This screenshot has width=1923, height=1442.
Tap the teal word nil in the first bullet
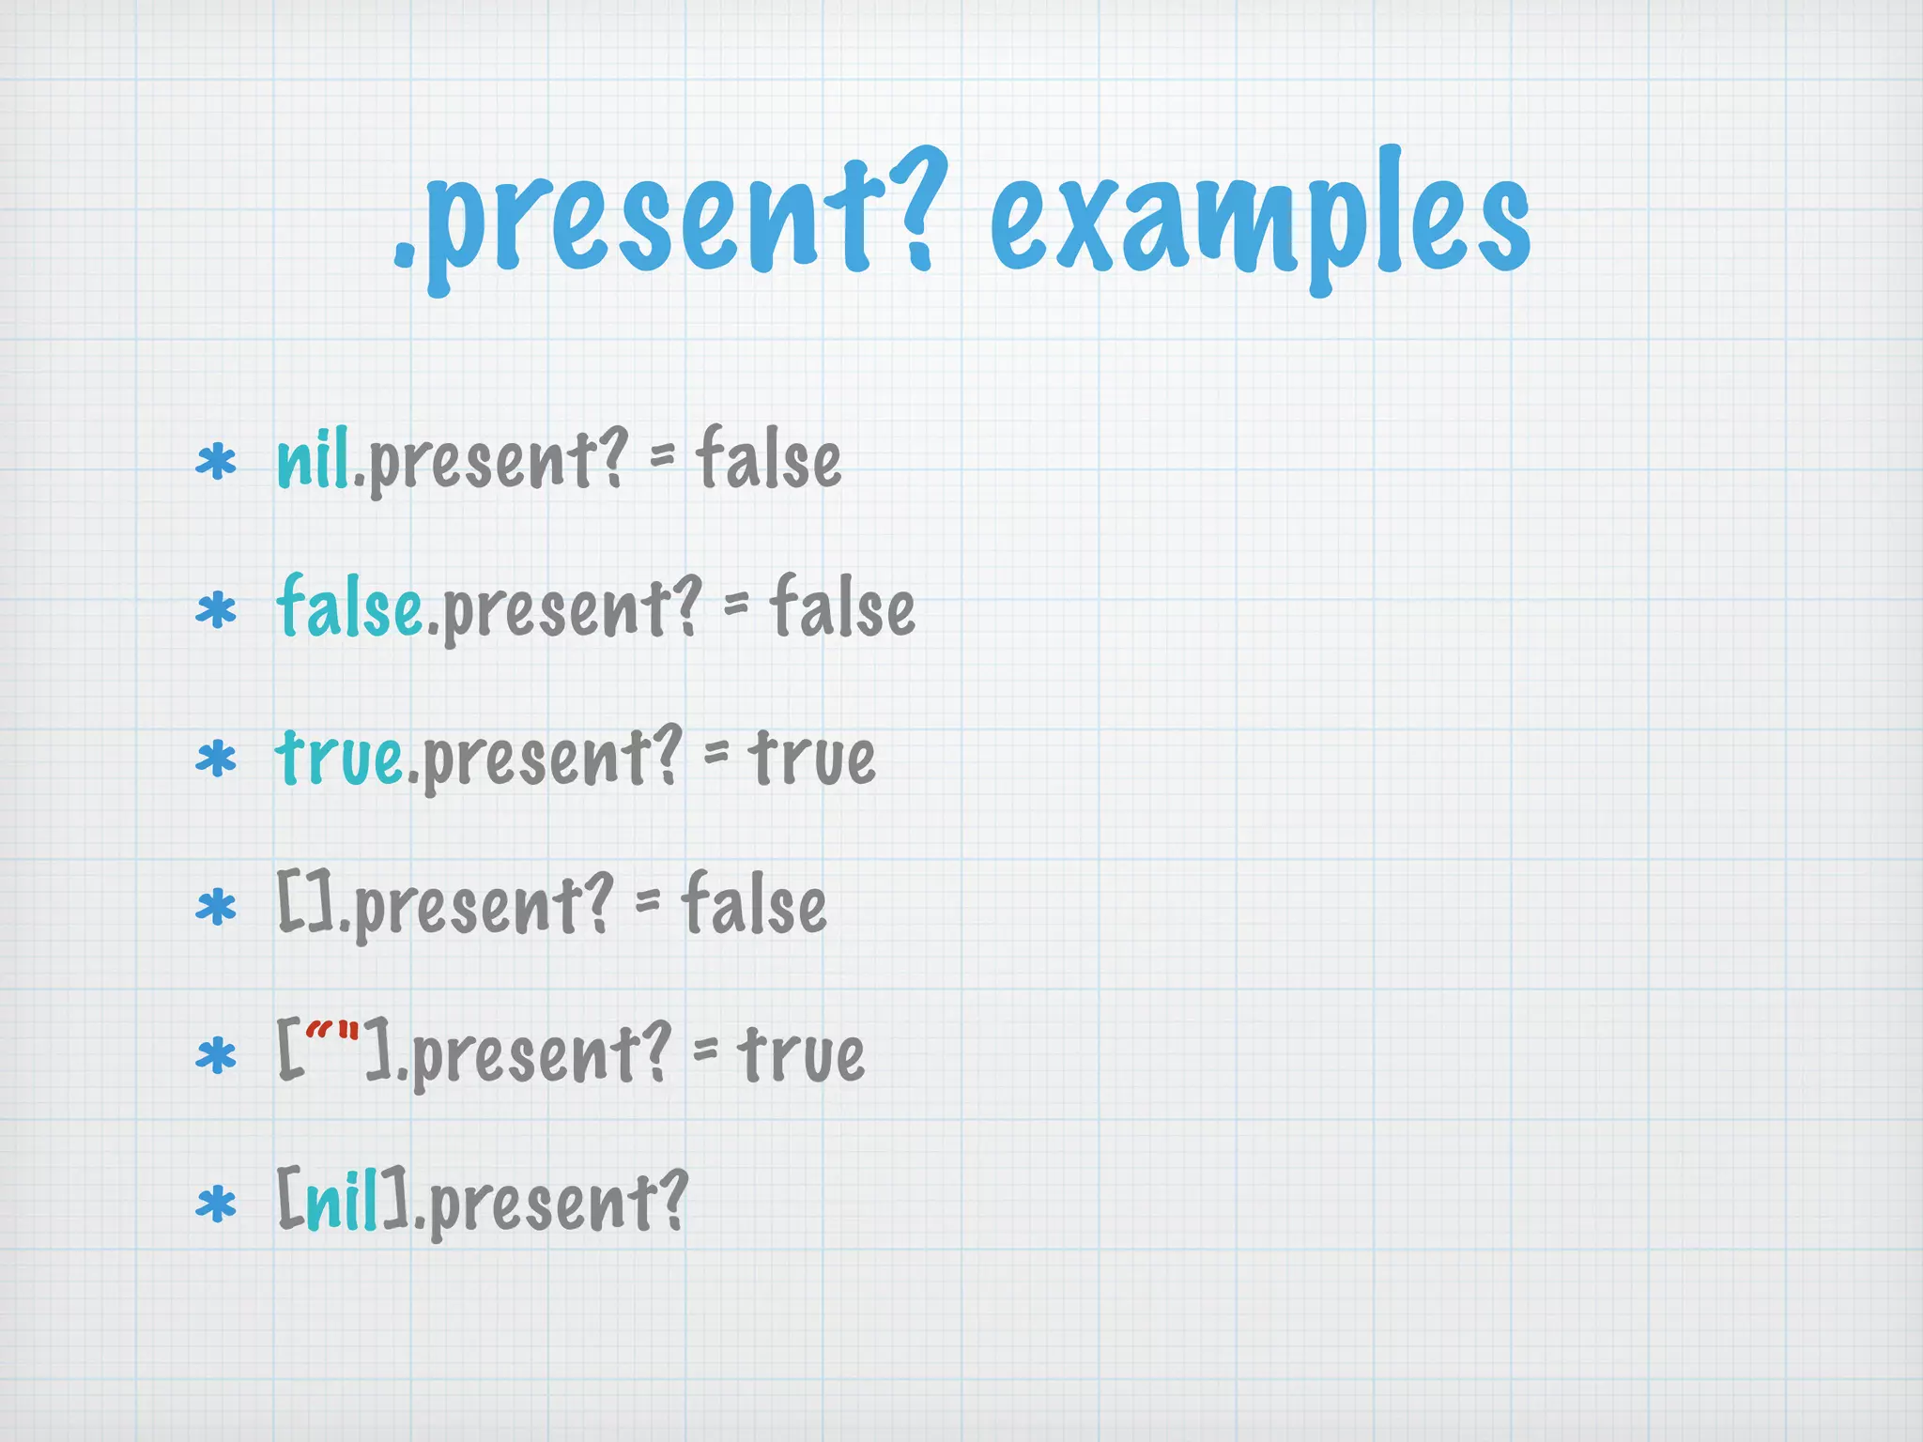(313, 459)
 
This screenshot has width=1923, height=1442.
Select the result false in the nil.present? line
(768, 459)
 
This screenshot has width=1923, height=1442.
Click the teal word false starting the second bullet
(349, 607)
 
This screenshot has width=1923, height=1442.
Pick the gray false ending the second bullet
(842, 607)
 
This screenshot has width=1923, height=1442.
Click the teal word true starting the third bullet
(339, 757)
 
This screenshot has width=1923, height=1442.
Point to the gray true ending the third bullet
(812, 757)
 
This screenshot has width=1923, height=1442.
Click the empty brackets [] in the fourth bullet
(306, 903)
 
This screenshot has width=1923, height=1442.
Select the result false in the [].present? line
(754, 903)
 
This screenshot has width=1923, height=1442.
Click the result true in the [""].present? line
(801, 1053)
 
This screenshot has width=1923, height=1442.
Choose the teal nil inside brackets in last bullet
(342, 1201)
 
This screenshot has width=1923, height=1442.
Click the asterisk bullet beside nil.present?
(216, 464)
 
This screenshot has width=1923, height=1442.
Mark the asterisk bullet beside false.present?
(216, 611)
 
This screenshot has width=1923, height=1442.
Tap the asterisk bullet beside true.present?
(216, 759)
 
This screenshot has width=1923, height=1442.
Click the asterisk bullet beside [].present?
(216, 908)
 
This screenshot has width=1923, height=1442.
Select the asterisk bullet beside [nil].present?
(216, 1204)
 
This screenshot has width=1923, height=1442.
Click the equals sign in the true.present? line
(715, 752)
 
